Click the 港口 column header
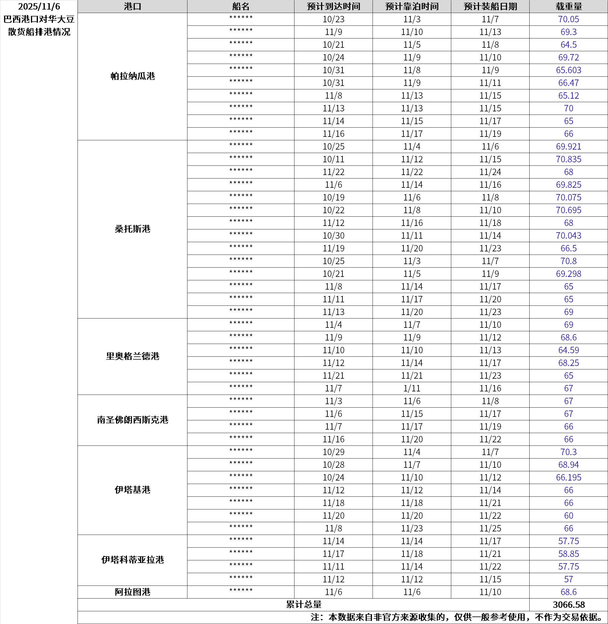[132, 6]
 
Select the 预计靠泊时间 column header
[412, 6]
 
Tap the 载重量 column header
[568, 6]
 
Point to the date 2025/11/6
[39, 6]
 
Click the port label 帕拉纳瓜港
[132, 76]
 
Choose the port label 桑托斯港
[132, 229]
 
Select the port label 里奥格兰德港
[132, 356]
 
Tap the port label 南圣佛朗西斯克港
[132, 420]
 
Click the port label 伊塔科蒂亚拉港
[132, 560]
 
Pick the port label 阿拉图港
[132, 592]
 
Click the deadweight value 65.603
[568, 70]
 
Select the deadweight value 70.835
[568, 159]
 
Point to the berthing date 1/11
[412, 388]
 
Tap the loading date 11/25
[490, 528]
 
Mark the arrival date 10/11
[334, 159]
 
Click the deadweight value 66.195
[568, 477]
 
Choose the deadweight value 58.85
[568, 554]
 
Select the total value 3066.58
[568, 605]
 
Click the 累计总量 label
[303, 605]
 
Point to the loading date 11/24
[490, 172]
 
